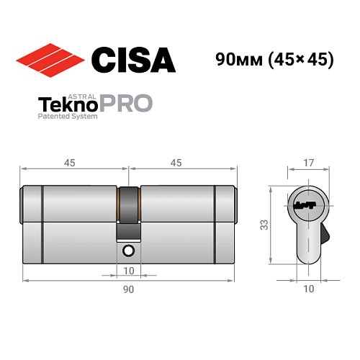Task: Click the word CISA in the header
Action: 134,60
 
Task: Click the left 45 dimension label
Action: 70,163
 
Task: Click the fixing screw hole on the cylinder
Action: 128,250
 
